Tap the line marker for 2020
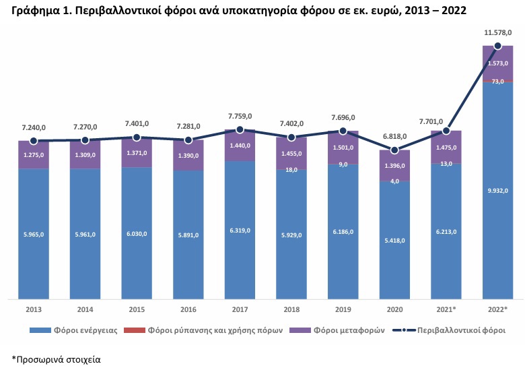395,150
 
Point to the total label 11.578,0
497,32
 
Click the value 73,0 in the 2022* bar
498,82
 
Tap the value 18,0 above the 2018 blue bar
291,170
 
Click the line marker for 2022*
498,46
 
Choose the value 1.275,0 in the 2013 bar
33,155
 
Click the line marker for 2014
85,140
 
